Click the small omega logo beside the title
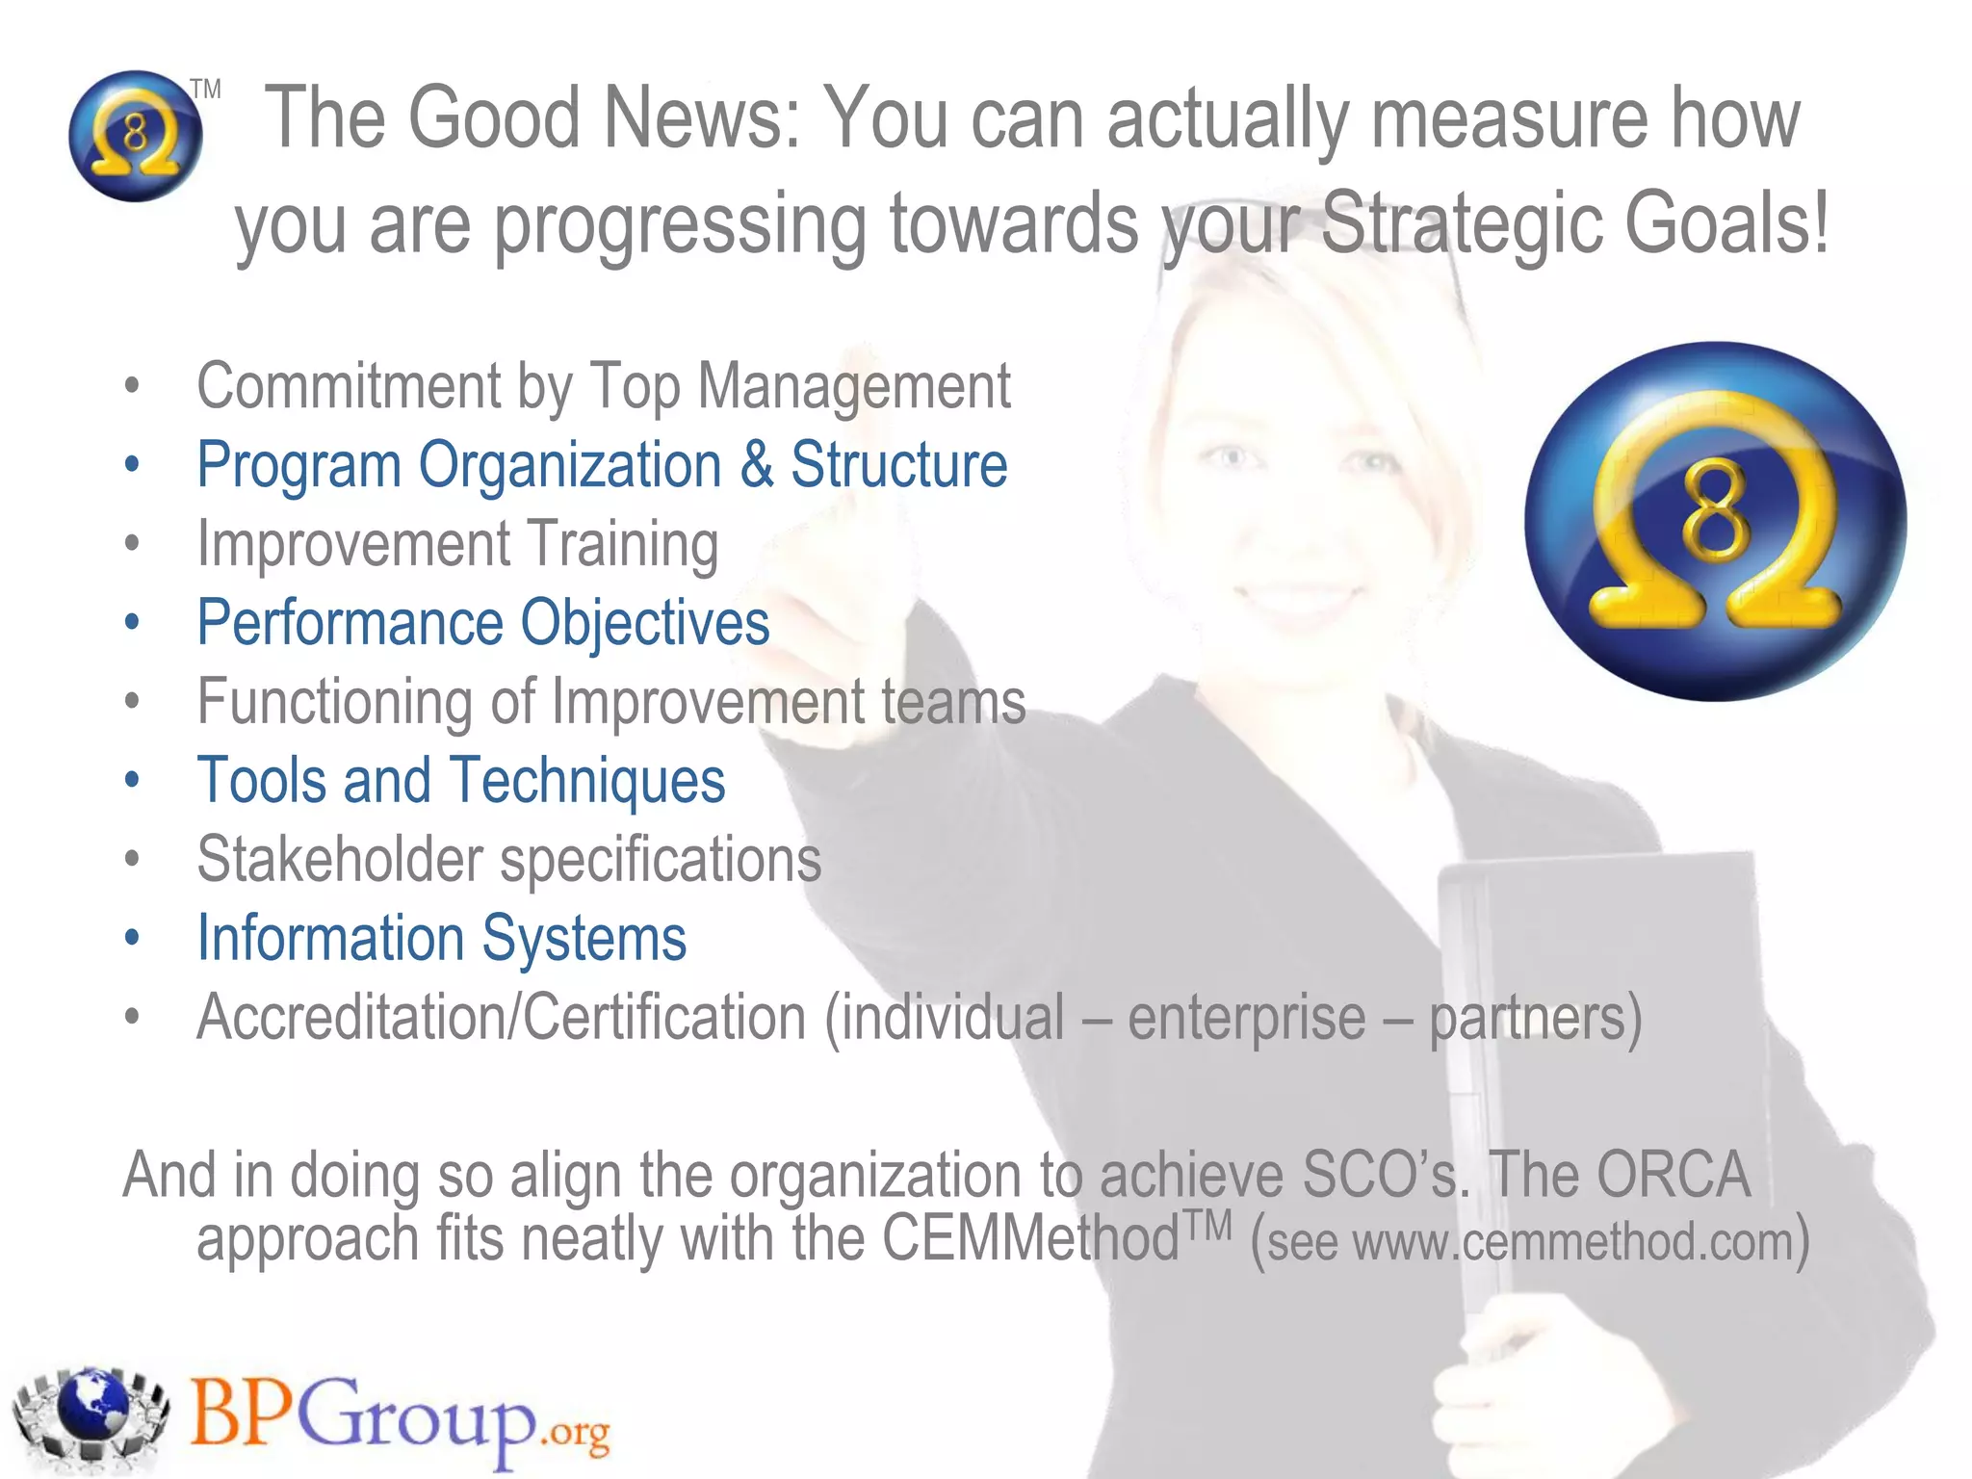[x=136, y=136]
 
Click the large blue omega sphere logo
[x=1715, y=521]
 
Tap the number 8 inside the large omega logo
[x=1715, y=507]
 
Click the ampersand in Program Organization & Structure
[x=757, y=465]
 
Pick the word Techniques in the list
[x=587, y=781]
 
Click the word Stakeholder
[x=340, y=860]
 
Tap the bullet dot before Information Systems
[x=132, y=937]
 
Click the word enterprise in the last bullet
[x=1246, y=1018]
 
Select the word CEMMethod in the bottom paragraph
[x=1030, y=1238]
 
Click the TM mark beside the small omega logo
[x=205, y=90]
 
